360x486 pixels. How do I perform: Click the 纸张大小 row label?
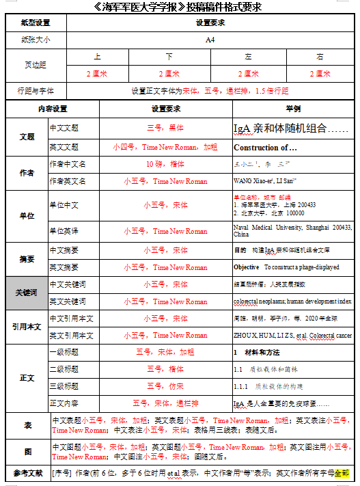(36, 40)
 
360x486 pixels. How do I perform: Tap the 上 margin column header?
(97, 57)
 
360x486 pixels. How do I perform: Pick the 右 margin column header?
(320, 57)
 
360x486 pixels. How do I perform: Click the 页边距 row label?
(36, 65)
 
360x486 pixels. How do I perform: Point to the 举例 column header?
(292, 109)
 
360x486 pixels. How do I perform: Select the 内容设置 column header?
(52, 109)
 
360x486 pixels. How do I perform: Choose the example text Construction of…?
(265, 147)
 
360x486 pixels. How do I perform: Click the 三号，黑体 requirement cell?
(165, 128)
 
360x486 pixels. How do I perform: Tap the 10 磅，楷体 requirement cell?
(165, 164)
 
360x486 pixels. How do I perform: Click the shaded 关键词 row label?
(27, 293)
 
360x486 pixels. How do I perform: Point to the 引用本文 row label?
(27, 327)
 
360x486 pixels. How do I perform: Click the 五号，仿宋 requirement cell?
(165, 386)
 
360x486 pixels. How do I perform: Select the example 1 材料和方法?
(257, 353)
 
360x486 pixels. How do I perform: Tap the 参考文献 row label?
(27, 473)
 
